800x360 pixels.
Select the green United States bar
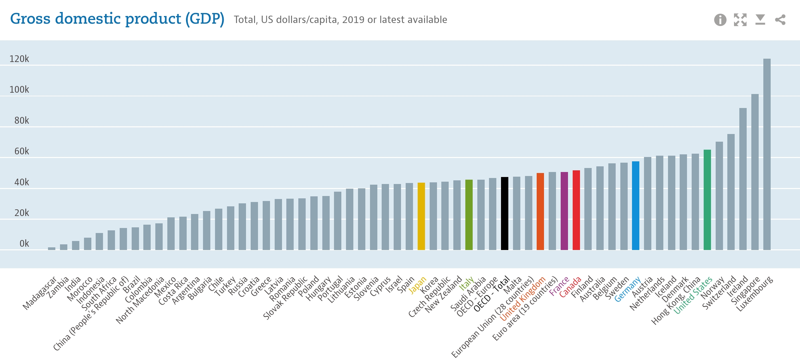[x=707, y=200]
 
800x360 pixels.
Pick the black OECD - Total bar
[x=505, y=213]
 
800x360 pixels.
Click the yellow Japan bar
[x=421, y=216]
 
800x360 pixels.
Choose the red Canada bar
[x=576, y=210]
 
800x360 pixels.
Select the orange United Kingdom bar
[x=540, y=211]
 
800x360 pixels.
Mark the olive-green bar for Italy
[x=469, y=215]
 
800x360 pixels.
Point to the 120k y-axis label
[x=19, y=59]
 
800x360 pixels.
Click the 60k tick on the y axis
[x=22, y=151]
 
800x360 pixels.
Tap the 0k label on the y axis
[x=24, y=244]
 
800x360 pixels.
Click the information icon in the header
[x=720, y=20]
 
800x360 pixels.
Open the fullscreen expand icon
[x=740, y=20]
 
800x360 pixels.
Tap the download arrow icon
[x=760, y=20]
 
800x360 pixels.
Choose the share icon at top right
[x=780, y=20]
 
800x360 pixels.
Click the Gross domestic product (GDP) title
[x=117, y=19]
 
